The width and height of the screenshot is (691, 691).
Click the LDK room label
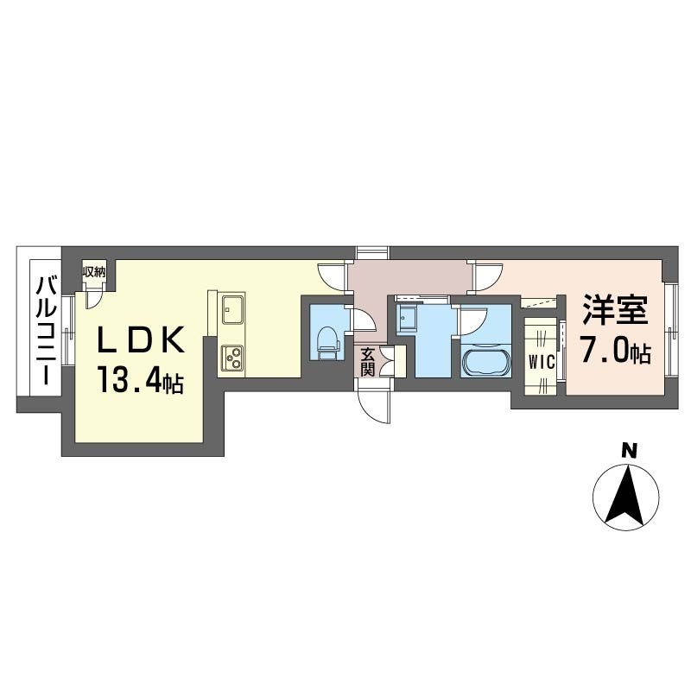click(141, 340)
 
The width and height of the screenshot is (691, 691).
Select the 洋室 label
click(615, 310)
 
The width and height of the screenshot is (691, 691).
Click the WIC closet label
click(542, 363)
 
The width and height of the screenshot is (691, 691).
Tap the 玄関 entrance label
click(368, 362)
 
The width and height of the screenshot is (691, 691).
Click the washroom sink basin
click(404, 316)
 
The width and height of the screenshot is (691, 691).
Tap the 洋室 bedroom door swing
click(487, 276)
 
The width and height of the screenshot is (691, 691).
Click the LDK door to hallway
click(333, 276)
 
